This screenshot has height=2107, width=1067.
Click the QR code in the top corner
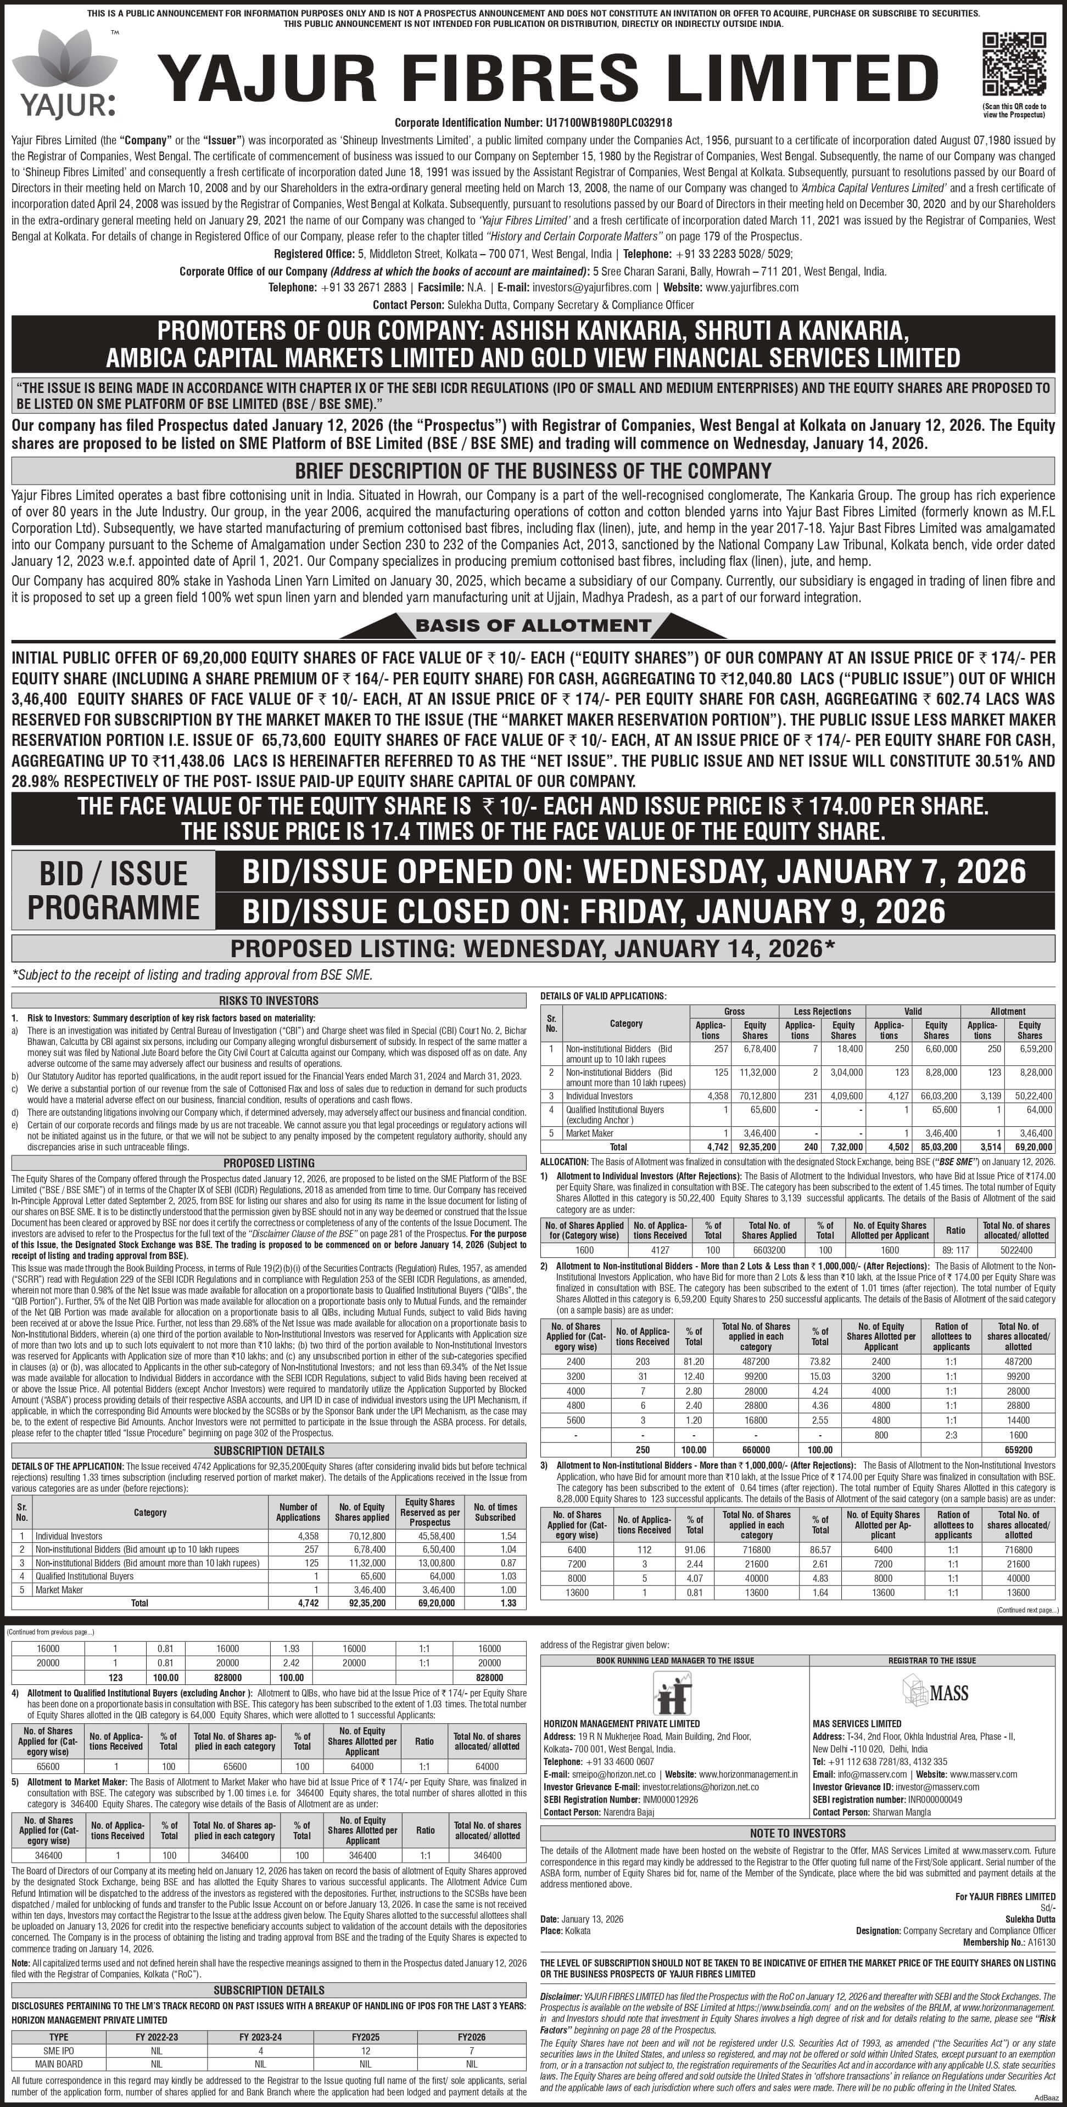[1014, 65]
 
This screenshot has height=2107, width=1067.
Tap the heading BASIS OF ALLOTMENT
[533, 626]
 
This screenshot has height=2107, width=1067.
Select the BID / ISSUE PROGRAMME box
[114, 890]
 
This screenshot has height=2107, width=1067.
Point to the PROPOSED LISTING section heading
[269, 1162]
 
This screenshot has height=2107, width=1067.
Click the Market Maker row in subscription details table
[59, 1589]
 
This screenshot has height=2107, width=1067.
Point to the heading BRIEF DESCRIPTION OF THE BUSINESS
[533, 471]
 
